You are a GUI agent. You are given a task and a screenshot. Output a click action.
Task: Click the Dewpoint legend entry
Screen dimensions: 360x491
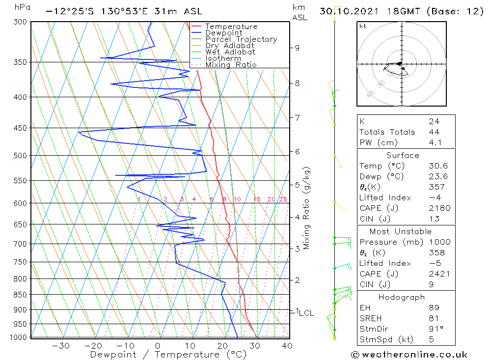[x=223, y=33]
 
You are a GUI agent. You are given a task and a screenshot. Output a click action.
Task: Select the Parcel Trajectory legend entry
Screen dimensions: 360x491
[x=241, y=39]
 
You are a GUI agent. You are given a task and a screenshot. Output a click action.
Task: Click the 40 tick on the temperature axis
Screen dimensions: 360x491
[x=287, y=346]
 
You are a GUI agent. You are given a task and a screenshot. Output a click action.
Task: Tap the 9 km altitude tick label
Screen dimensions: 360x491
[x=297, y=48]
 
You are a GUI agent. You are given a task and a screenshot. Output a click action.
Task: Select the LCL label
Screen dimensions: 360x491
[x=306, y=313]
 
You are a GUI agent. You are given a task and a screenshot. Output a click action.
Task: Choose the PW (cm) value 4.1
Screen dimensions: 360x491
[x=435, y=142]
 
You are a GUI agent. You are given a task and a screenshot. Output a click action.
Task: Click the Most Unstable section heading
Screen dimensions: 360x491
[x=400, y=231]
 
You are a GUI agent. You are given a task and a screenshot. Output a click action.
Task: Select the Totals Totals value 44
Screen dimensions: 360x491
[x=434, y=132]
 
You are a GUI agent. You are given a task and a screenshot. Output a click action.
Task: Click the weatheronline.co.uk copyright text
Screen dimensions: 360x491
[x=409, y=354]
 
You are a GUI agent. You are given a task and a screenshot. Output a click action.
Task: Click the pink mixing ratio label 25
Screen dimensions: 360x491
[x=283, y=199]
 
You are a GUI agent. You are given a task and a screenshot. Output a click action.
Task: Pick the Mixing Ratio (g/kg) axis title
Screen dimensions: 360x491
[x=307, y=208]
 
